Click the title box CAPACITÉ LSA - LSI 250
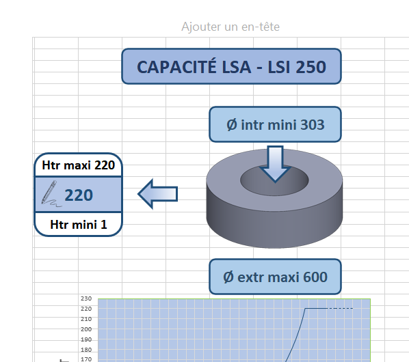click(231, 66)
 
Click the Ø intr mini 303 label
click(275, 124)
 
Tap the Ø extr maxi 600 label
click(275, 277)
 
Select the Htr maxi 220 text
click(78, 165)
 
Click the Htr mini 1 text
click(78, 225)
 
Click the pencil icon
click(51, 194)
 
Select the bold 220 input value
click(79, 195)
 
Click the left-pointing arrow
click(158, 194)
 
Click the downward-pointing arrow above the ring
click(275, 164)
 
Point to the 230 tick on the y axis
click(86, 298)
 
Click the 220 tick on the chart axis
click(86, 309)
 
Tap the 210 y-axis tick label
click(86, 319)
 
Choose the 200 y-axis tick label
click(86, 329)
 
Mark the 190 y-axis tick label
click(86, 339)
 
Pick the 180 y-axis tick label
click(86, 350)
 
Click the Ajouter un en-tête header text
click(230, 27)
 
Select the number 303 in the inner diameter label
click(313, 125)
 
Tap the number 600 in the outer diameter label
click(315, 277)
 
